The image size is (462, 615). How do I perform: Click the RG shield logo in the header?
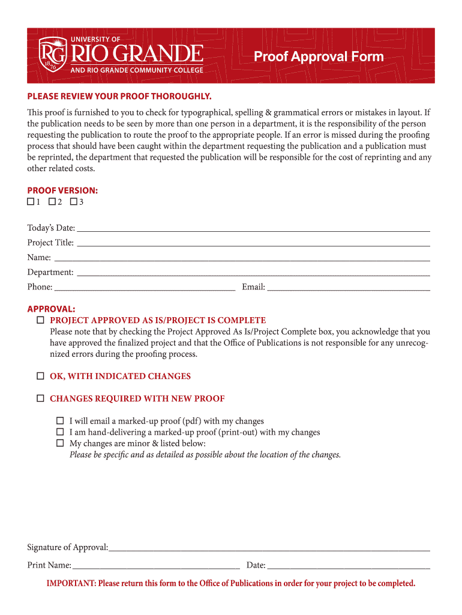tap(53, 55)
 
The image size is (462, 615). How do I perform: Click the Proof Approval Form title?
tap(318, 57)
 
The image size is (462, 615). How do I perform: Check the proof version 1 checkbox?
tap(31, 202)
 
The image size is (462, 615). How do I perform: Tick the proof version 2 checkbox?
tap(52, 202)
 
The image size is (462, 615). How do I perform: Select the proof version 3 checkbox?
tap(73, 202)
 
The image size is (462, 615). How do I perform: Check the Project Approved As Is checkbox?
tap(40, 320)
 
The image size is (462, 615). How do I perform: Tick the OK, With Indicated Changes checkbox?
tap(40, 376)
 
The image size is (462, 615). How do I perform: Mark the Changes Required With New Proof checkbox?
tap(40, 398)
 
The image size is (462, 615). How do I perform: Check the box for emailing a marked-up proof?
tap(60, 421)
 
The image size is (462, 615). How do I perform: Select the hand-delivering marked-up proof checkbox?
tap(60, 432)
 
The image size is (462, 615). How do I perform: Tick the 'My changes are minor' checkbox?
tap(60, 443)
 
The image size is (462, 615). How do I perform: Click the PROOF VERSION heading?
tap(62, 190)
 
